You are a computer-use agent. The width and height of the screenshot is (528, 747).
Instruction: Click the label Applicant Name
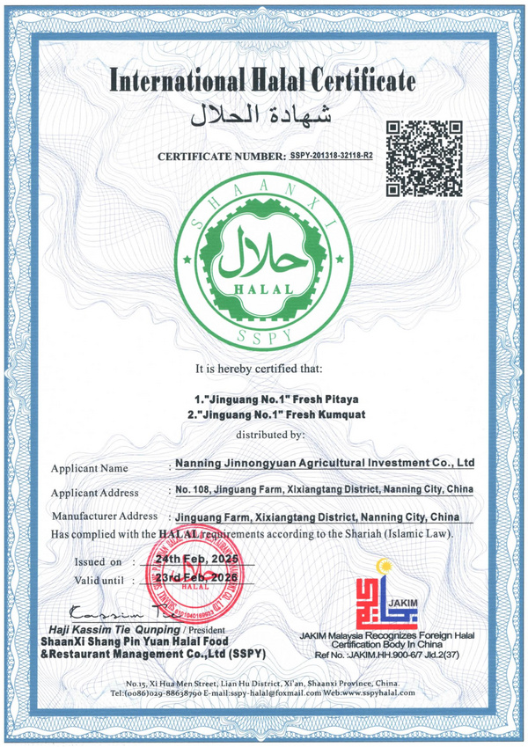click(x=89, y=468)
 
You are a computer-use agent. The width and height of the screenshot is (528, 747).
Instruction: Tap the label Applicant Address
click(x=95, y=493)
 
